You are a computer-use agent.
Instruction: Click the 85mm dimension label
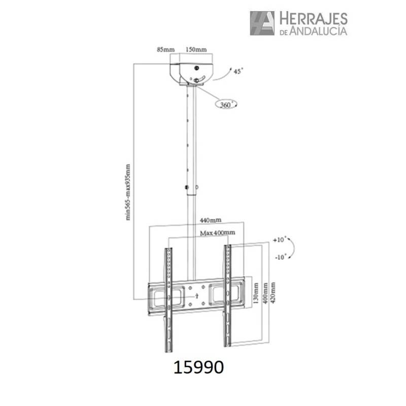coord(166,49)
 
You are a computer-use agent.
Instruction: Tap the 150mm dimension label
coord(196,49)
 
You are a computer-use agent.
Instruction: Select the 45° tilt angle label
coord(239,71)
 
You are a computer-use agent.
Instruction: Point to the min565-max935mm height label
coord(128,192)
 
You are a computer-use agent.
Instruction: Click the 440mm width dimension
coord(211,220)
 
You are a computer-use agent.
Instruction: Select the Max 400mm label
coord(218,233)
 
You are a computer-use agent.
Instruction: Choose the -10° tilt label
coord(281,257)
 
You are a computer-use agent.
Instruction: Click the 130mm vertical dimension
coord(256,293)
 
